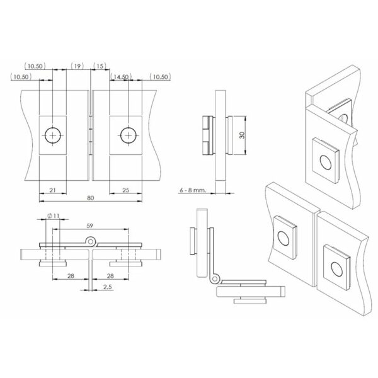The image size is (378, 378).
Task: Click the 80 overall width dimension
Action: click(x=91, y=198)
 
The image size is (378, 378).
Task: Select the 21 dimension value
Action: click(x=53, y=190)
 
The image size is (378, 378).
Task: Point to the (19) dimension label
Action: click(x=77, y=66)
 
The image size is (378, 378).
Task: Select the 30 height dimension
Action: click(x=242, y=135)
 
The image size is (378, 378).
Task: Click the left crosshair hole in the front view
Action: click(x=53, y=135)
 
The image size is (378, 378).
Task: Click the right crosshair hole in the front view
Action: click(x=128, y=135)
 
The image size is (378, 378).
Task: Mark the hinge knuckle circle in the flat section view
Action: click(x=93, y=240)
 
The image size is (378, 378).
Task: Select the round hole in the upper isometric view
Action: click(x=325, y=163)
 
